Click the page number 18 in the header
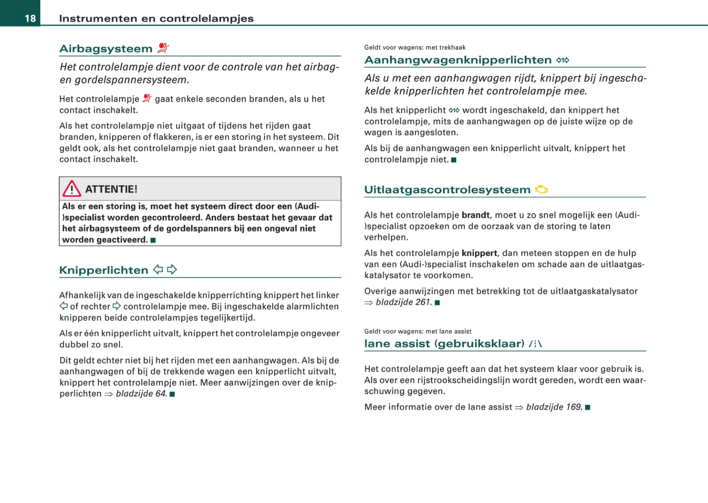[30, 18]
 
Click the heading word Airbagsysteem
[106, 49]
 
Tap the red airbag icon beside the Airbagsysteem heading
[163, 48]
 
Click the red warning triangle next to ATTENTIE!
[71, 189]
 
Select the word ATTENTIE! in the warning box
[111, 189]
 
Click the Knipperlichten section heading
[104, 270]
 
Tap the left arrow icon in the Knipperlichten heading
[158, 269]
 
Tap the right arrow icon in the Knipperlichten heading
[172, 269]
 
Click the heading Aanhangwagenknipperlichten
[458, 60]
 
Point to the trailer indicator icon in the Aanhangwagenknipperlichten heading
[562, 60]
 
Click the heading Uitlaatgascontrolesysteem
[447, 190]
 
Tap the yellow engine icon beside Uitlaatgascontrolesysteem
[541, 189]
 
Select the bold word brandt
[475, 215]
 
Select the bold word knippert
[479, 253]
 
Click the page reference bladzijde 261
[402, 302]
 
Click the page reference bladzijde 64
[141, 394]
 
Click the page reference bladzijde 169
[554, 407]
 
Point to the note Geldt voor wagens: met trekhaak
[414, 48]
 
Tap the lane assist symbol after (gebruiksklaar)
[535, 344]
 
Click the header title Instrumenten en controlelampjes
[156, 18]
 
